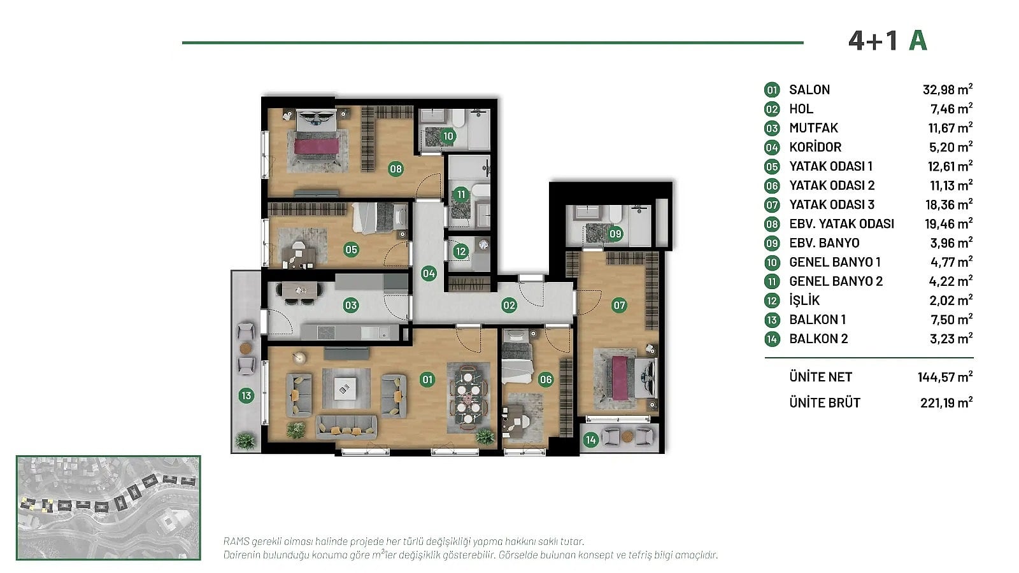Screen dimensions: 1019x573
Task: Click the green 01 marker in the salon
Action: click(427, 379)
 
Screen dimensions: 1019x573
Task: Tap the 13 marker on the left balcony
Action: click(246, 395)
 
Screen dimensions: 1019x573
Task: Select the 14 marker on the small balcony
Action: click(590, 440)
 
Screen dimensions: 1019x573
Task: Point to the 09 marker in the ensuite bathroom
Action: click(615, 234)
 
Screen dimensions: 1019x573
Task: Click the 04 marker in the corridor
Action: click(429, 273)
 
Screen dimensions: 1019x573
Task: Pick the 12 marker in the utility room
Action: click(461, 251)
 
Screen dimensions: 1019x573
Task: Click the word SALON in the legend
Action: click(809, 90)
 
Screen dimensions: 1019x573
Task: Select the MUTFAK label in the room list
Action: click(813, 128)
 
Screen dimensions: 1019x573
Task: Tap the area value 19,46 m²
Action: click(949, 223)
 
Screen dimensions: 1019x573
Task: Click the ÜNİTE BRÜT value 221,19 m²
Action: click(946, 402)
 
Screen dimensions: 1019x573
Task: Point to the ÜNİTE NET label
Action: click(821, 376)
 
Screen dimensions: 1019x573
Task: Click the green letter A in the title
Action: click(918, 41)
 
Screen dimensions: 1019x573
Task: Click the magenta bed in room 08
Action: click(317, 146)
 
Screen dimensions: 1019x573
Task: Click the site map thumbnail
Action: click(108, 507)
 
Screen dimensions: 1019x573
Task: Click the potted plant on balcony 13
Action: click(246, 441)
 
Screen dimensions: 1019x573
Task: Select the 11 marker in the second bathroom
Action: click(461, 195)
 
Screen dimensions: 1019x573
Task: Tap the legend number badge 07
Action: click(772, 204)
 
